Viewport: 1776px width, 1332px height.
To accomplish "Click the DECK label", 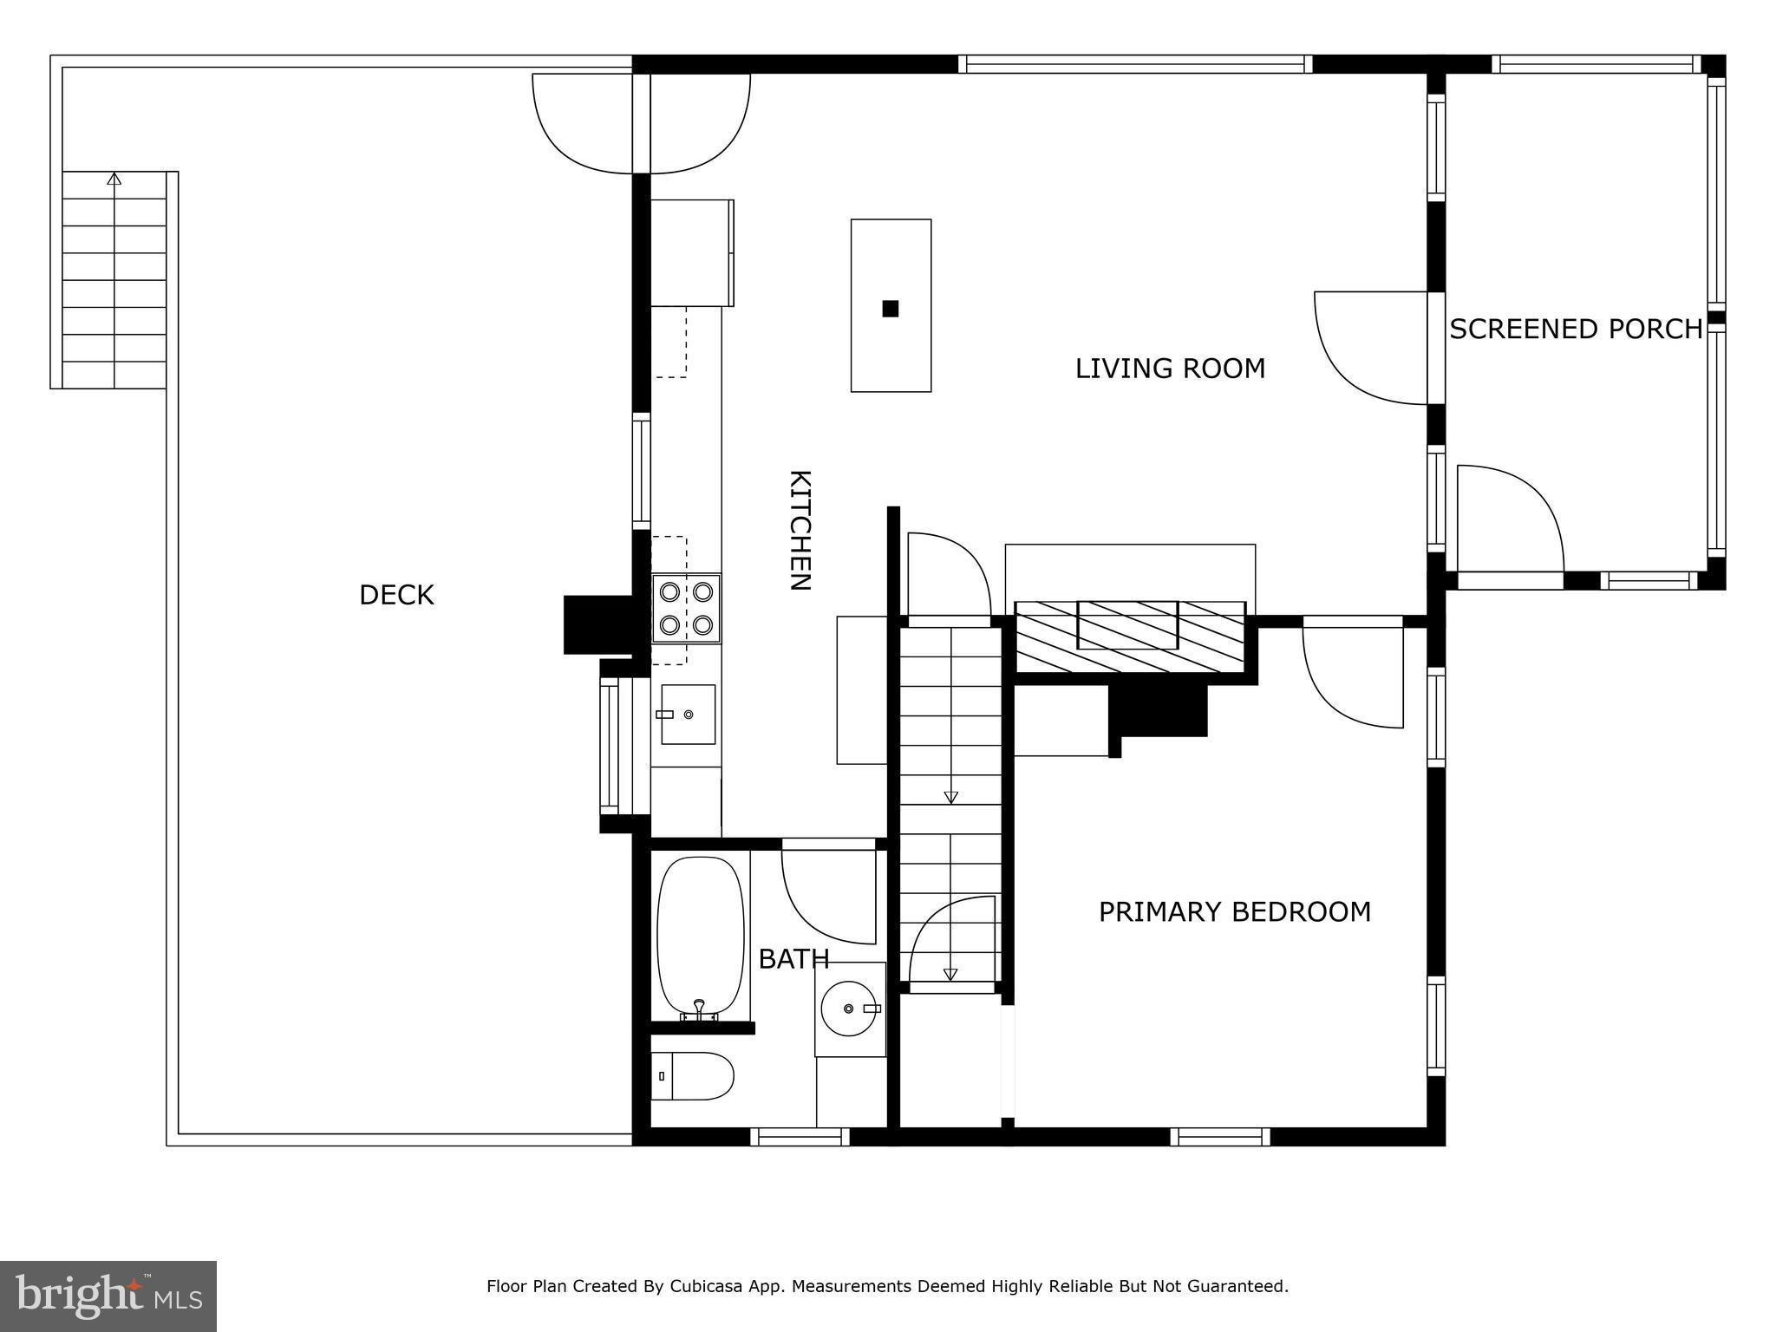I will [396, 595].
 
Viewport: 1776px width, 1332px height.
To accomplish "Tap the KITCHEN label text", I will [800, 530].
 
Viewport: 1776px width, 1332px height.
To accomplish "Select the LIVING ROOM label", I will [1170, 369].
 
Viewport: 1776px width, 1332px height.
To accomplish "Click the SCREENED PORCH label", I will [1576, 330].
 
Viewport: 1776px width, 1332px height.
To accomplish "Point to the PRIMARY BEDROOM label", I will [1234, 911].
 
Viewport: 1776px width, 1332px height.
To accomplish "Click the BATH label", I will [793, 958].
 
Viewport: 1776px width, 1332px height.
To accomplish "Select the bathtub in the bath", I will [700, 937].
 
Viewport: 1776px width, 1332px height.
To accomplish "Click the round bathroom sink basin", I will [848, 1009].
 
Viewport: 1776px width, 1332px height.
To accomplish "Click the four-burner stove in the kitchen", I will [686, 608].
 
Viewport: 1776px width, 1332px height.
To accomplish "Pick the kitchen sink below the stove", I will [688, 714].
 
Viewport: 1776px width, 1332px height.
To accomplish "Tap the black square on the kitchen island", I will [890, 308].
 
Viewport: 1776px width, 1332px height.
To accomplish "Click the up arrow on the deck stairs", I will [114, 179].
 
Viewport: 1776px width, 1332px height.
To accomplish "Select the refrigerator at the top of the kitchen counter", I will [692, 252].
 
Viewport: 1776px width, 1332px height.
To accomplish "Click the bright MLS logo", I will [108, 1296].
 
